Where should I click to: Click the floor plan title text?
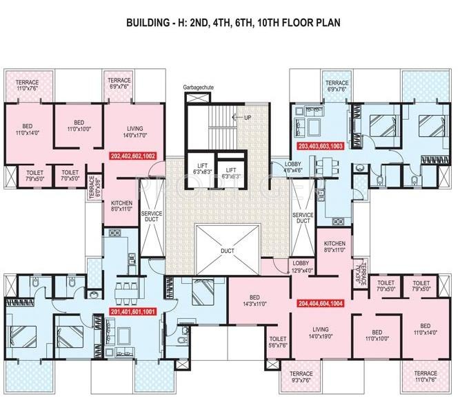[x=232, y=22]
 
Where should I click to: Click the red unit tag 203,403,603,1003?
[x=321, y=147]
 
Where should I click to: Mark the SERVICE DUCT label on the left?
[x=152, y=217]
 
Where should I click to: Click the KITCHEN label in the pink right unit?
[x=334, y=247]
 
